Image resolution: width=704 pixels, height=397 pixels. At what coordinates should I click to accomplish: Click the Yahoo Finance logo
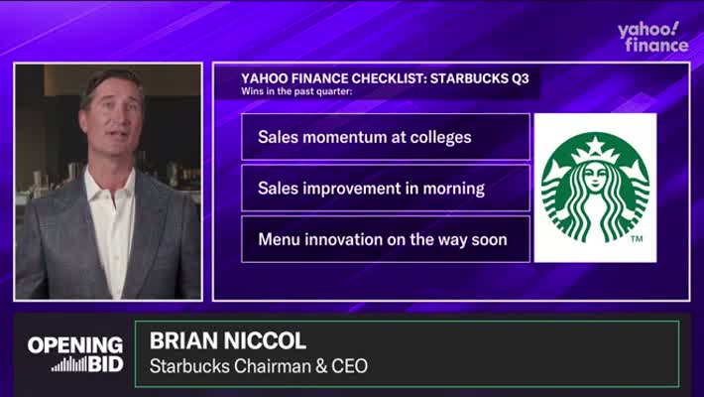pyautogui.click(x=652, y=37)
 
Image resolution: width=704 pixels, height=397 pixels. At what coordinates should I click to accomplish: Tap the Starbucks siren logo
pyautogui.click(x=595, y=188)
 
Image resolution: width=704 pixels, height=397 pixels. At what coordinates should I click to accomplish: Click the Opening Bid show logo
pyautogui.click(x=75, y=354)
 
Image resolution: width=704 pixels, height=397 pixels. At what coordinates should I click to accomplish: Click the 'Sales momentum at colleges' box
pyautogui.click(x=386, y=137)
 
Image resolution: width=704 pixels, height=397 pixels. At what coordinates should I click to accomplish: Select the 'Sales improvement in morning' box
pyautogui.click(x=386, y=188)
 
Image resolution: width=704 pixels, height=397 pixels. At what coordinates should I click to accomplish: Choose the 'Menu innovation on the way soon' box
pyautogui.click(x=386, y=239)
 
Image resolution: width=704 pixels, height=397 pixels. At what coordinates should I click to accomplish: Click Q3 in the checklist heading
pyautogui.click(x=520, y=78)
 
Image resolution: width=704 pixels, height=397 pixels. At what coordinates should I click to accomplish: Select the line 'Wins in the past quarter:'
pyautogui.click(x=296, y=91)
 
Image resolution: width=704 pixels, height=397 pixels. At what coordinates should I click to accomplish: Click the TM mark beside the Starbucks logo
pyautogui.click(x=637, y=238)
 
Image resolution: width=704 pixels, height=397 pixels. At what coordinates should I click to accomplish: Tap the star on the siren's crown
pyautogui.click(x=596, y=145)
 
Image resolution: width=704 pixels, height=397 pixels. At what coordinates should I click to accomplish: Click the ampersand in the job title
pyautogui.click(x=321, y=366)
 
